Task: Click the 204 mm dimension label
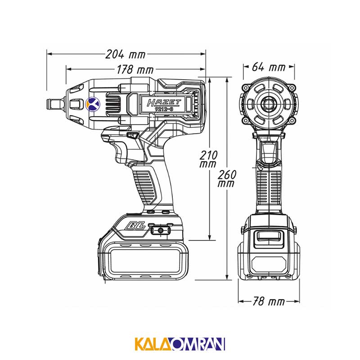(126, 54)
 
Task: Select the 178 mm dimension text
(135, 70)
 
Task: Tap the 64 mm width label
(269, 67)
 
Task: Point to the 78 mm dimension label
(269, 301)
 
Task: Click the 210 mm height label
(208, 159)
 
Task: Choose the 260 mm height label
(227, 178)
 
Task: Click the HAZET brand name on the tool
(164, 103)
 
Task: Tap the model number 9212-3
(164, 110)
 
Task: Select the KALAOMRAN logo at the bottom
(180, 343)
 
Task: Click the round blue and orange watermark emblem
(93, 104)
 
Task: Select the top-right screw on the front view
(292, 87)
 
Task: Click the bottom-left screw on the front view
(245, 120)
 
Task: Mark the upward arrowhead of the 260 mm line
(227, 80)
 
